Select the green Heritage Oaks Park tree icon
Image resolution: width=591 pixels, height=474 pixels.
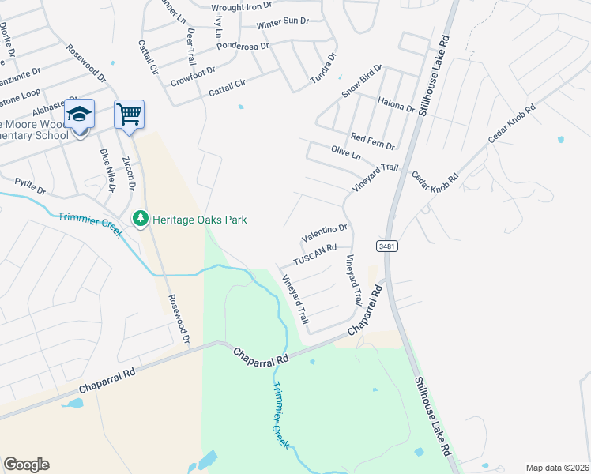pos(141,219)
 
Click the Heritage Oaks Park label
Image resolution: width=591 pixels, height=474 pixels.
pos(200,220)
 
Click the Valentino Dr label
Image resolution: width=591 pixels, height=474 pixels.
pos(324,233)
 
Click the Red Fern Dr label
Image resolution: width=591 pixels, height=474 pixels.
pos(372,141)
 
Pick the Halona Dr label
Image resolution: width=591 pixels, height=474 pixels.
pos(396,104)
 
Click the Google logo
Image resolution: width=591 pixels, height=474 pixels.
pos(27,465)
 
